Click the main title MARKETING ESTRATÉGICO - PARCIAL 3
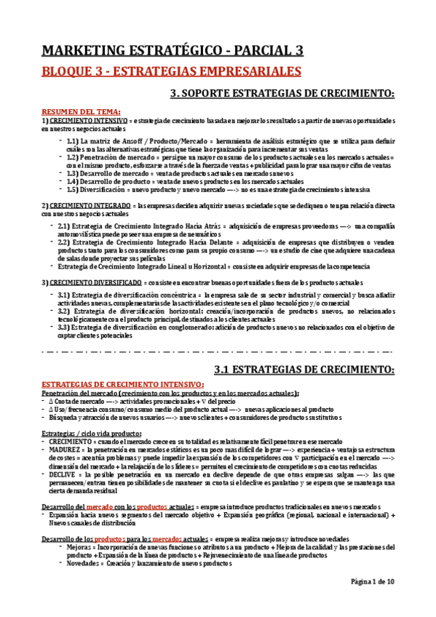click(x=171, y=50)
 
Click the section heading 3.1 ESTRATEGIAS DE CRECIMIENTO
click(x=303, y=371)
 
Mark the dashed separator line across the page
click(x=218, y=351)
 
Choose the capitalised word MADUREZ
click(x=65, y=451)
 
